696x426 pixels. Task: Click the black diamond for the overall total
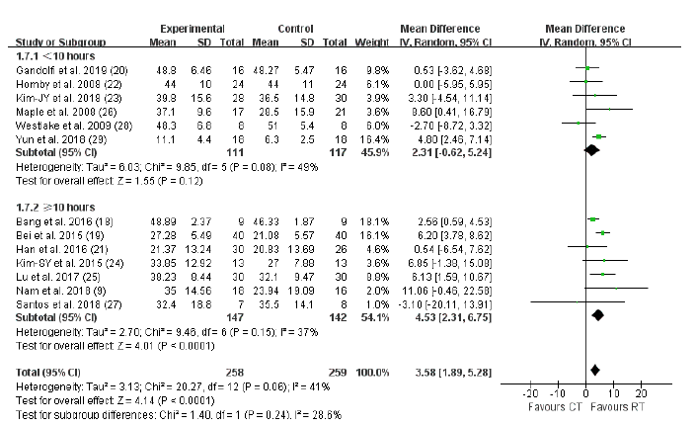pos(595,370)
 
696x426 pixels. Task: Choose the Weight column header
pos(379,42)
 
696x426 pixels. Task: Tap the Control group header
pos(298,29)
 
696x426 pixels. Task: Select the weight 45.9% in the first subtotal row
pos(383,153)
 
